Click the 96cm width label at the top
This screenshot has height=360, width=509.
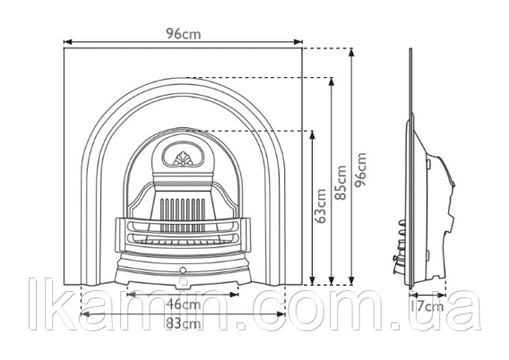click(x=184, y=33)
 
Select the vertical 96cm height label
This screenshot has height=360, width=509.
click(x=360, y=169)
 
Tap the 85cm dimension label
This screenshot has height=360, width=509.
click(x=341, y=183)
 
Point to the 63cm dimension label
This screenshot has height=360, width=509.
click(x=322, y=206)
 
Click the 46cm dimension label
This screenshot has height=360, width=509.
click(x=183, y=304)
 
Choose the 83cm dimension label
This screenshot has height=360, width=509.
click(x=183, y=323)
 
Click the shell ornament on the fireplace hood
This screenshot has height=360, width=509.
click(x=183, y=159)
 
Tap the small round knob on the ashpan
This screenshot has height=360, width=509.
click(x=183, y=270)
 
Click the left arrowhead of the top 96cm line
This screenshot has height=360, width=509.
click(x=67, y=42)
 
